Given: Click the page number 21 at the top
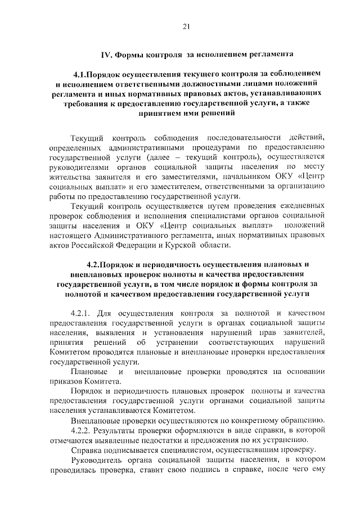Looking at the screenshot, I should (186, 26).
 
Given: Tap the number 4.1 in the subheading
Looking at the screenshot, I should (82, 74).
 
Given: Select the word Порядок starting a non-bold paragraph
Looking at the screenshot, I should (85, 390).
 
